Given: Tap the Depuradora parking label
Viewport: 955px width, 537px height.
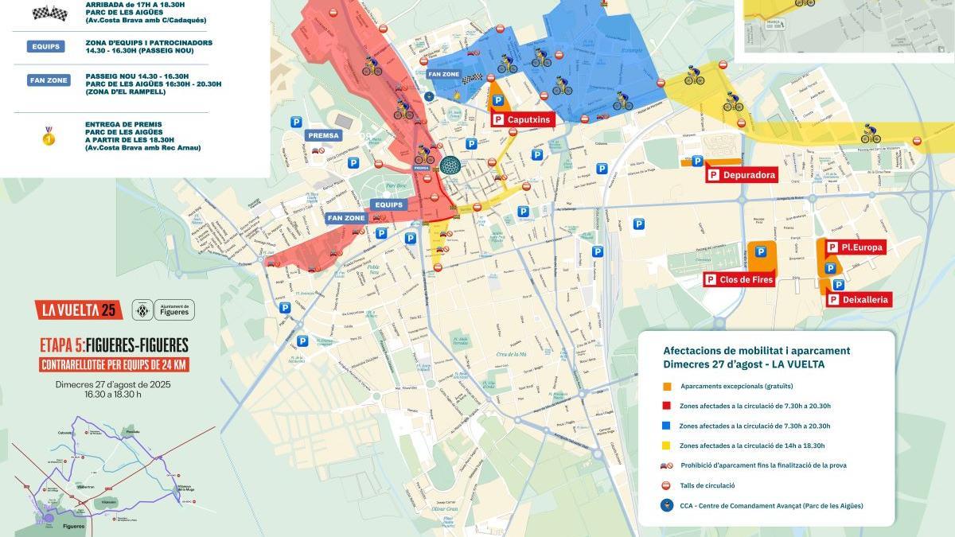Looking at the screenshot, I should point(741,175).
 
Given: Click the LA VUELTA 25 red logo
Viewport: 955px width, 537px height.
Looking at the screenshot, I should point(79,309).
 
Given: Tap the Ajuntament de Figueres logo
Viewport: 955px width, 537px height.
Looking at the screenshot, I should point(163,309).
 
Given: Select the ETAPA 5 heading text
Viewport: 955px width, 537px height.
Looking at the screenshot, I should point(114,345).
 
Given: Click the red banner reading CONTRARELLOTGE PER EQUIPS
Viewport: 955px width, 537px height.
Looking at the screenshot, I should point(114,365).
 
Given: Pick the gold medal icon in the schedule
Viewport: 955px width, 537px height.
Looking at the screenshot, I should point(49,136).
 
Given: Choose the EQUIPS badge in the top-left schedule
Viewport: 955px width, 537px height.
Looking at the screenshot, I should point(47,46).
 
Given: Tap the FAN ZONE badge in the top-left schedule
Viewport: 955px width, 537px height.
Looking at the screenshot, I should point(49,80).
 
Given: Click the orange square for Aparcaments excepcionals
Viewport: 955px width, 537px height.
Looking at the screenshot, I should point(667,386).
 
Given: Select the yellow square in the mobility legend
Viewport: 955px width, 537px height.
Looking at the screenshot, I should point(667,446).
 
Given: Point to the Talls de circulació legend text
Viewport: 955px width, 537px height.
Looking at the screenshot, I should point(707,485).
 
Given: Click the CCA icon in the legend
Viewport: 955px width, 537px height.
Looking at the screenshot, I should point(667,505).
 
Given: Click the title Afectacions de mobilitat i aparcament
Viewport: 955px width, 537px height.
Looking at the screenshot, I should point(756,350).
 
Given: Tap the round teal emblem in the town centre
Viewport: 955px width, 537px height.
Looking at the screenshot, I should point(450,166).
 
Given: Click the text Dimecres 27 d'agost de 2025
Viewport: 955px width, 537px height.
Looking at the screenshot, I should point(113,384).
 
